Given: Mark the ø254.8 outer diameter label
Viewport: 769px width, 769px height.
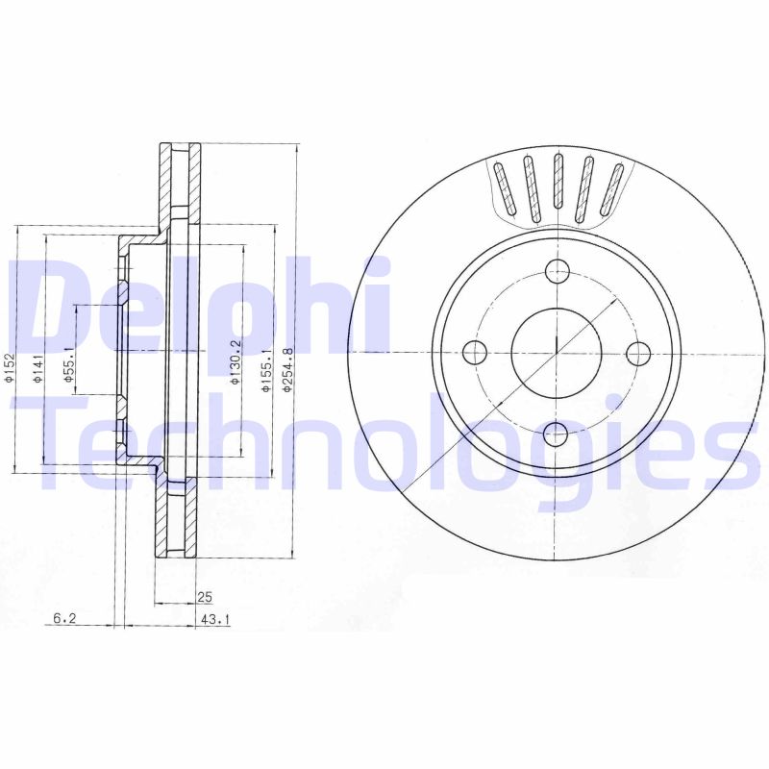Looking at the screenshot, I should click(x=286, y=369).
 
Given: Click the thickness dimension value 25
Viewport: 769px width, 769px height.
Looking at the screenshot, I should click(x=204, y=597).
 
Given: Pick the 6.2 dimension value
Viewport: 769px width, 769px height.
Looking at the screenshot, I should click(x=63, y=621).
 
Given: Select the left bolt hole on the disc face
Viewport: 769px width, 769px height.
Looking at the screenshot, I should click(x=476, y=354).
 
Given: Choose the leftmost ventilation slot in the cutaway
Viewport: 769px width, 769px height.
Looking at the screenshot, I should click(x=504, y=190).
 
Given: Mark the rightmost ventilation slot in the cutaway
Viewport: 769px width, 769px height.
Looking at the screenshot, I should click(x=612, y=190).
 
